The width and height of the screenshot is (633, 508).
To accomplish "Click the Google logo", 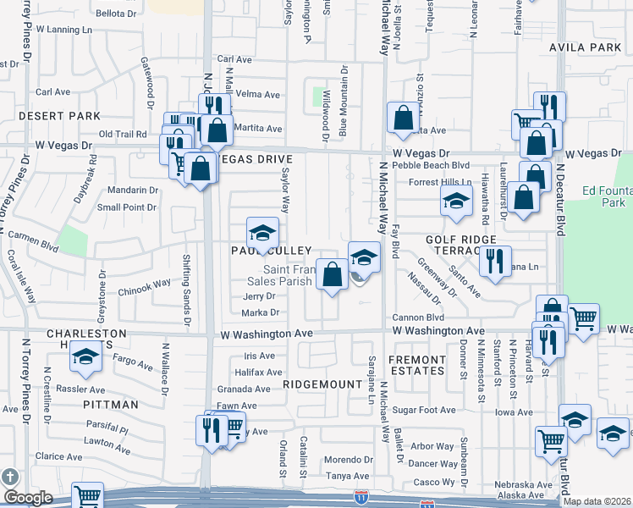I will pyautogui.click(x=28, y=498).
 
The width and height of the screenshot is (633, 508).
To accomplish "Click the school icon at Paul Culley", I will pyautogui.click(x=262, y=233).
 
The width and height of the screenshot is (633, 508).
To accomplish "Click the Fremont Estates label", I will pyautogui.click(x=416, y=365).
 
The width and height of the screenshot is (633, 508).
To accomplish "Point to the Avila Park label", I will pyautogui.click(x=585, y=47).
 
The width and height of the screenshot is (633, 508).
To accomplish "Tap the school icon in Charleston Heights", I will pyautogui.click(x=85, y=359).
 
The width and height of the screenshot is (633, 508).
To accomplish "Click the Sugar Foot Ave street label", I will pyautogui.click(x=430, y=410).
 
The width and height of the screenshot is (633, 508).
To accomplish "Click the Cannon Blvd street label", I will pyautogui.click(x=411, y=318).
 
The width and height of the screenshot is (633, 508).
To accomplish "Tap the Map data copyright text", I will pyautogui.click(x=597, y=500).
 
